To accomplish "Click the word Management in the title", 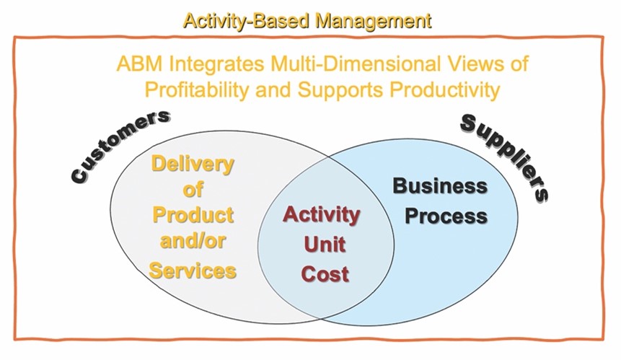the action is (x=372, y=21).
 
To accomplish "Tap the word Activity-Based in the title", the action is (x=247, y=21).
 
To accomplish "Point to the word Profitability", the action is (x=197, y=89).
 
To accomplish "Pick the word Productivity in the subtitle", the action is (x=445, y=89).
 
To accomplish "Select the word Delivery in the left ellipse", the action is (x=193, y=164).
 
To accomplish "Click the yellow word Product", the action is (x=193, y=215).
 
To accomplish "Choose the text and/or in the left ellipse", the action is (x=193, y=240).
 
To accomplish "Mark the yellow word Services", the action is (x=193, y=271).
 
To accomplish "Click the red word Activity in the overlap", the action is (x=322, y=216).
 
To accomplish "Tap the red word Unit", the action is (x=325, y=244).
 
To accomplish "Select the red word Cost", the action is (x=325, y=273).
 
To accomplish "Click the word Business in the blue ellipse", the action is (x=440, y=185).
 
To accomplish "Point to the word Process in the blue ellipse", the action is (x=446, y=216).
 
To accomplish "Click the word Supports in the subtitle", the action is (x=340, y=90).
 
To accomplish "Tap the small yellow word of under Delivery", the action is (x=193, y=189).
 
